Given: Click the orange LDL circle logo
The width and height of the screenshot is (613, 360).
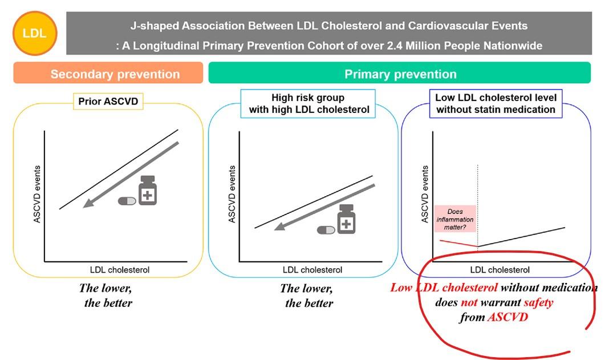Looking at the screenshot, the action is click(35, 33).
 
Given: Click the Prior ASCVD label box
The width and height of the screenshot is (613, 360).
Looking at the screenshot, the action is click(108, 102).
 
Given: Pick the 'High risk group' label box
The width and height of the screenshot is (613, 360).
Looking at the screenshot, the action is click(308, 104).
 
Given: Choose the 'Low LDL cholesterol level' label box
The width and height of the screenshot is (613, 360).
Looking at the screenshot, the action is click(496, 104).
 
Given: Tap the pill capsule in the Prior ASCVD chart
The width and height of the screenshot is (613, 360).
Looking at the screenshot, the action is click(127, 201).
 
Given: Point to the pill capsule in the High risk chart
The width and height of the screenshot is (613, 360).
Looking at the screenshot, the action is click(326, 230).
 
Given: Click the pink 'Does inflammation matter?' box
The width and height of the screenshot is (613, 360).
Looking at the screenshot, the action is click(455, 219).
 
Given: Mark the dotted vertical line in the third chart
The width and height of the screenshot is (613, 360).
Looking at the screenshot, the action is click(477, 206).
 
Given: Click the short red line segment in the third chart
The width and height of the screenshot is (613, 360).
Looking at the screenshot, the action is click(458, 243).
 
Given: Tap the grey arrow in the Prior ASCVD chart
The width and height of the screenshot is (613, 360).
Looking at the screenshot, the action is click(131, 175).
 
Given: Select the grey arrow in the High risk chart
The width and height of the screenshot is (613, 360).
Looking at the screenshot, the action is click(324, 208).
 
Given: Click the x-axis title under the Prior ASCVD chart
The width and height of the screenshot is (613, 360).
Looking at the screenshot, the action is click(120, 270).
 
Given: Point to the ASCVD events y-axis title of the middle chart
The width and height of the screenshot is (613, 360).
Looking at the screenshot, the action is click(232, 194).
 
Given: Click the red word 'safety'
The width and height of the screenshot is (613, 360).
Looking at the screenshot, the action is click(538, 302).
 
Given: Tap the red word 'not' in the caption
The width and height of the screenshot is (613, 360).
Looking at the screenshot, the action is click(469, 302).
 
